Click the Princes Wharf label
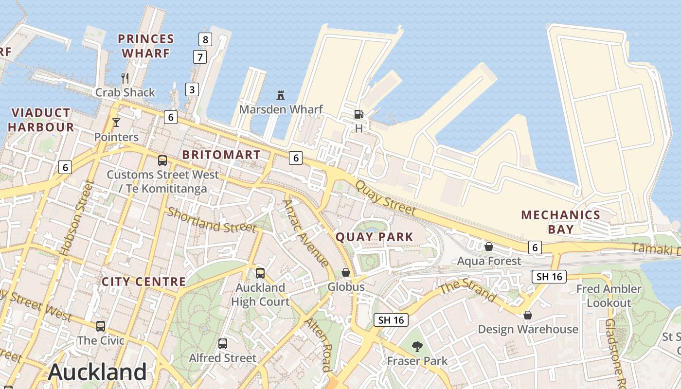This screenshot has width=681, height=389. [146, 46]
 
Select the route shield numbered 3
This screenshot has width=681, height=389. [192, 89]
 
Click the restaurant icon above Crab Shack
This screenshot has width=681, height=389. [125, 78]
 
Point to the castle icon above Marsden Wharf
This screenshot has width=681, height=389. [280, 94]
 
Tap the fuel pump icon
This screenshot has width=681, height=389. [358, 114]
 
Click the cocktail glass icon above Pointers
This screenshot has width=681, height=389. [116, 122]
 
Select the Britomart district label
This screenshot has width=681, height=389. [221, 155]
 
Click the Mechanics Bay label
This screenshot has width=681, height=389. [560, 222]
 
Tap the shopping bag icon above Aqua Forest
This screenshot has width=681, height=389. [489, 247]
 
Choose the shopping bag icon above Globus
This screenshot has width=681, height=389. [346, 272]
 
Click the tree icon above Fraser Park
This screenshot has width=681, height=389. [417, 347]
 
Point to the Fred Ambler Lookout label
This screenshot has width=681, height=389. [609, 296]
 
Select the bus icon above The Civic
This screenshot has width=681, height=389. [101, 326]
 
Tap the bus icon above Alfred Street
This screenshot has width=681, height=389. [223, 344]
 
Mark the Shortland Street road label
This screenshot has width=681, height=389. [212, 220]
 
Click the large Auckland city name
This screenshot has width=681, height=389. [97, 372]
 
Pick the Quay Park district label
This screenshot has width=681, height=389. [375, 237]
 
